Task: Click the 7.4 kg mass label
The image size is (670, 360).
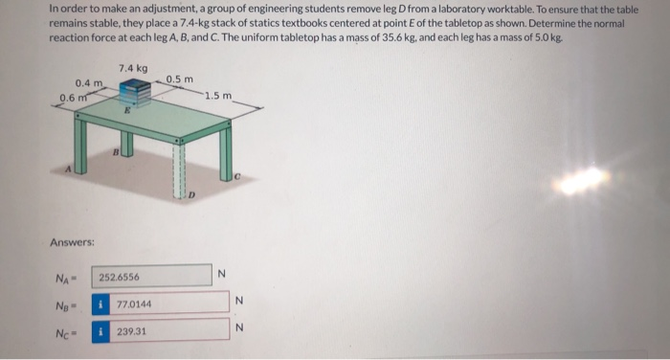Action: [x=133, y=68]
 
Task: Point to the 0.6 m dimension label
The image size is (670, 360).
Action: [x=72, y=97]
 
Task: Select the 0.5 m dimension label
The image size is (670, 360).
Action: [x=179, y=79]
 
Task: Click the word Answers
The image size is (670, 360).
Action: [x=72, y=241]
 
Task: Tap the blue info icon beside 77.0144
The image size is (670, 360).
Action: [x=100, y=304]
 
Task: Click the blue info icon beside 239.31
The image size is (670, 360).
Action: [x=100, y=330]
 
